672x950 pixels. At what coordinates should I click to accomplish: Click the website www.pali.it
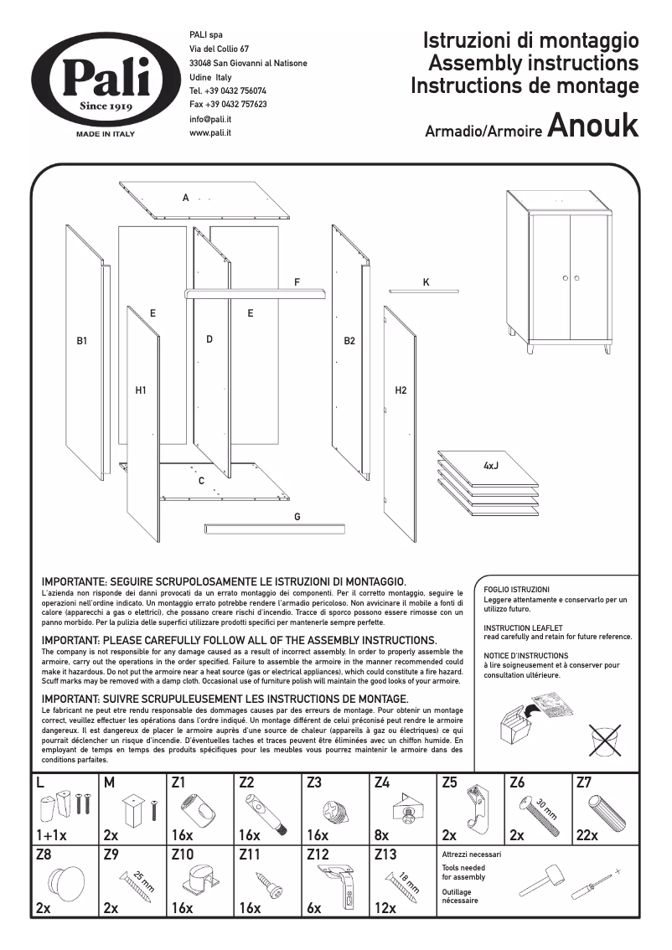(210, 133)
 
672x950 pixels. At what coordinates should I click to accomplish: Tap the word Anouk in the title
(592, 125)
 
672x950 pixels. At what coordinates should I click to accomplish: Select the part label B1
(82, 342)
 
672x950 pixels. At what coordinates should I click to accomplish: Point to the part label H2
(401, 390)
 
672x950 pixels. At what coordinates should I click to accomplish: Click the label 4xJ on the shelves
(491, 464)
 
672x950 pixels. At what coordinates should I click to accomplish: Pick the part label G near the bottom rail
(297, 517)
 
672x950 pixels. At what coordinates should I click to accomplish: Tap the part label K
(426, 283)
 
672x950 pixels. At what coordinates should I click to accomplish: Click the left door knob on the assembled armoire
(566, 278)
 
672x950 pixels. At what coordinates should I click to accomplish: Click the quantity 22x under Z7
(587, 835)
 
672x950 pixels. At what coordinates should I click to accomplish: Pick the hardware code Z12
(318, 854)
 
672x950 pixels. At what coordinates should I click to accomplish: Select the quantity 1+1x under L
(51, 835)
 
